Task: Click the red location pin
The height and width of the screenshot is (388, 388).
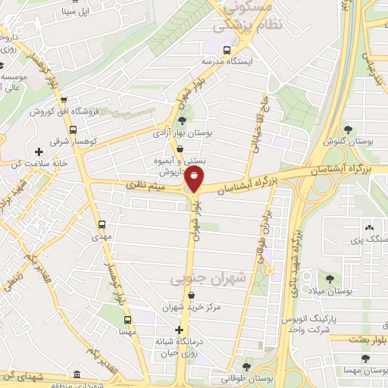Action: [195, 179]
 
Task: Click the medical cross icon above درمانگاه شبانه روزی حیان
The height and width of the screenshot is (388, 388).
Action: [179, 330]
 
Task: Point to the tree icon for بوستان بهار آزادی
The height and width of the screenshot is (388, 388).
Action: [181, 120]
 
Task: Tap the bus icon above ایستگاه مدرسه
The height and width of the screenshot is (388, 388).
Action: [228, 49]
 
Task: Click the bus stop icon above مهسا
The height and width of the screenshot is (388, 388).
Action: [127, 320]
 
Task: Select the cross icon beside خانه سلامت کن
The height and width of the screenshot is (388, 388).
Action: [39, 152]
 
